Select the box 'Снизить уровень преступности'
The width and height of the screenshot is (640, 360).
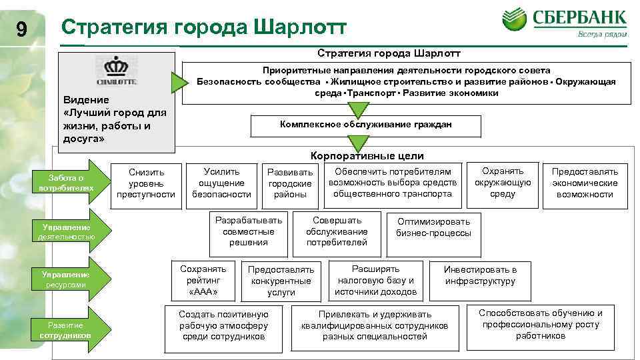pos(146,183)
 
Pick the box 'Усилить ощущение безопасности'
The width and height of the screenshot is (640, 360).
pos(221,183)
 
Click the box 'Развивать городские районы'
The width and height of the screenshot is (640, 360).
pos(290,183)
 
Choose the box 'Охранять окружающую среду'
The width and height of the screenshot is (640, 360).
pos(503,183)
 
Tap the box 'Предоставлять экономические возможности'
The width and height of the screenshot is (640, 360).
pos(585,183)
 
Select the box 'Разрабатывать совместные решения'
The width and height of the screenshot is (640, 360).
pos(248,231)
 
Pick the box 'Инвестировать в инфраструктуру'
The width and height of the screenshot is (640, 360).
pos(480,275)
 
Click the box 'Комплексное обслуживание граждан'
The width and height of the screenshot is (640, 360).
pos(366,125)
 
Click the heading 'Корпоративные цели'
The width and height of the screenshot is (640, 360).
pos(367,155)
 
